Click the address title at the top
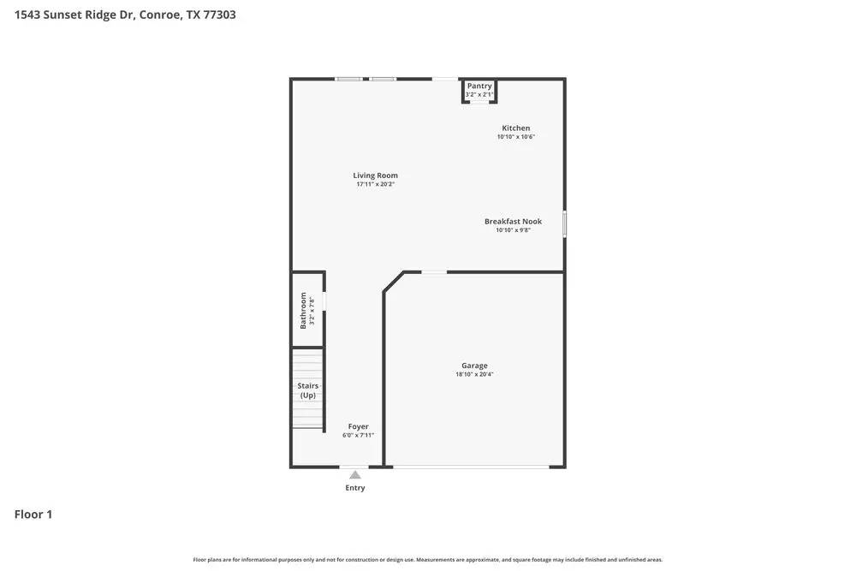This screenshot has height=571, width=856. pos(125,15)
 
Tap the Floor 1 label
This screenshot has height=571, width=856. pos(33,514)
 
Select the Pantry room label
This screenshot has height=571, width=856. pos(479,86)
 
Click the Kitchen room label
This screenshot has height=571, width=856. pos(516,128)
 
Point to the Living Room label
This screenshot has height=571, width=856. pos(376,175)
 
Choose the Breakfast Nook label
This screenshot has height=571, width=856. pos(513,222)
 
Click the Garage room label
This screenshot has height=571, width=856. pos(474,366)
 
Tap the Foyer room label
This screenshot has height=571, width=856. pos(358,426)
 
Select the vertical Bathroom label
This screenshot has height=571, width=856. pos(303,310)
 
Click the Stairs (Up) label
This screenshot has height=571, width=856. pos(307,390)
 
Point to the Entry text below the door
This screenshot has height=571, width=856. pos(355,488)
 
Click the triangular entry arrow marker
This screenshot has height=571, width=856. pos(354,475)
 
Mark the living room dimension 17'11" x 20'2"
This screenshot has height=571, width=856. pos(376,184)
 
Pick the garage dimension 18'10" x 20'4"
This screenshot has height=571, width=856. pos(474,374)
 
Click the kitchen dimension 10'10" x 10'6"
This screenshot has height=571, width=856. pos(516,137)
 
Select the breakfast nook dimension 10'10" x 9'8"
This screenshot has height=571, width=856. pos(513,230)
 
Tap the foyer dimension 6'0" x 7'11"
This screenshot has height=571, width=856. pos(358,435)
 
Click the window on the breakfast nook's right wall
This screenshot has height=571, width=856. pos(564,223)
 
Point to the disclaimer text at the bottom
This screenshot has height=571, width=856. pos(428,560)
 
